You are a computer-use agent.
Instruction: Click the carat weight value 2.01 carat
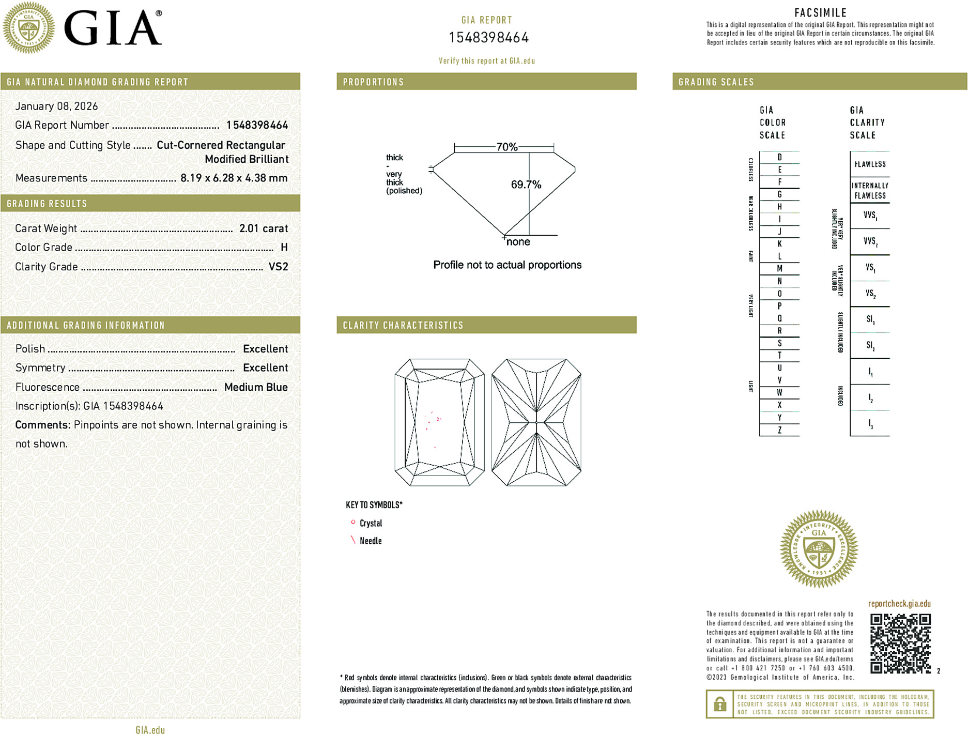pos(263,228)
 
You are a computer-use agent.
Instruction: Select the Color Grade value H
pos(284,248)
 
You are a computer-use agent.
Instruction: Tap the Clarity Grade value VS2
pos(278,267)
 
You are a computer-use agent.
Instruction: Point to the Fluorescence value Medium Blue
pos(256,387)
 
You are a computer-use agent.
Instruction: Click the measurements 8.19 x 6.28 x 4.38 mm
pos(234,178)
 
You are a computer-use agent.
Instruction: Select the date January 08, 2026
pos(56,106)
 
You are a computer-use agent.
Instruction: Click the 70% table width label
pos(506,147)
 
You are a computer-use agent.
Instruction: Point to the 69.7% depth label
pos(526,185)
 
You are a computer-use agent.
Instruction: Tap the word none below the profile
pos(518,242)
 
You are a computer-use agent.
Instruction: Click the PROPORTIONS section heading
pos(373,82)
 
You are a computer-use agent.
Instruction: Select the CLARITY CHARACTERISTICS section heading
pos(403,325)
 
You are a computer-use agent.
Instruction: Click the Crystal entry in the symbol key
pos(371,523)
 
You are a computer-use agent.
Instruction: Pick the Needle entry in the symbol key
pos(371,541)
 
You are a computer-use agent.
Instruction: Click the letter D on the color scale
pos(779,157)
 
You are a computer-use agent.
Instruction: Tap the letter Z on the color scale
pos(779,430)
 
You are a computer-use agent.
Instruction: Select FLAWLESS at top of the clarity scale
pos(870,164)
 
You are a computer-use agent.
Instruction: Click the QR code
pos(900,644)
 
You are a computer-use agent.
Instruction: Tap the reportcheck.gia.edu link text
pos(899,604)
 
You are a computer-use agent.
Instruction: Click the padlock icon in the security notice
pos(719,704)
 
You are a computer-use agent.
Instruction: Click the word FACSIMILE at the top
pos(820,13)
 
